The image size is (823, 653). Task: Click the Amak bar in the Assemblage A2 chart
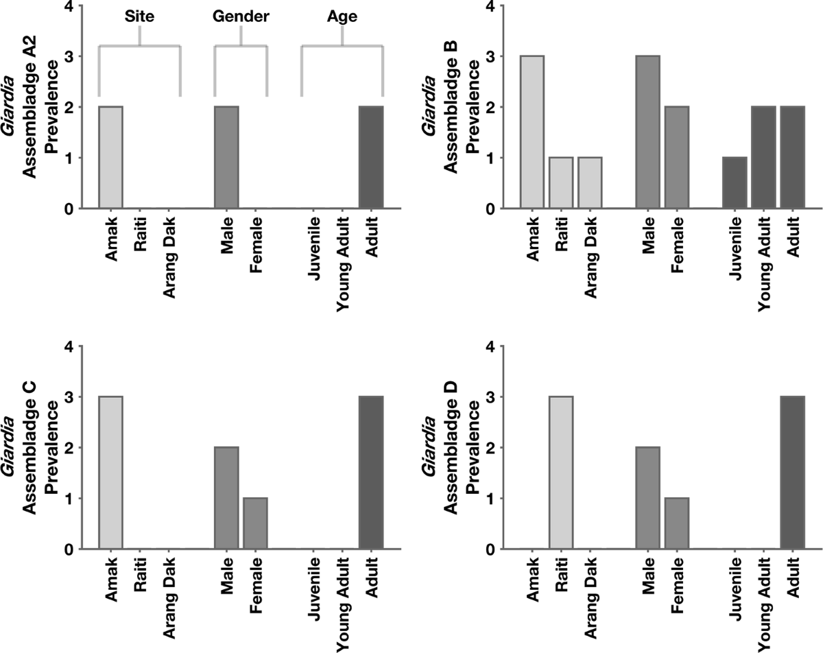coord(110,157)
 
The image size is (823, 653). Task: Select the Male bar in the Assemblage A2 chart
coord(226,157)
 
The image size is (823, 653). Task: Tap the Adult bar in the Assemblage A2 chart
coord(371,157)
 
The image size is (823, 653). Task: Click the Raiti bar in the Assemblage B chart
coord(561,182)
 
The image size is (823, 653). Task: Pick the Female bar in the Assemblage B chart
coord(676,157)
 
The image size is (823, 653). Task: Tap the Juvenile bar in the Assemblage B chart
coord(735,182)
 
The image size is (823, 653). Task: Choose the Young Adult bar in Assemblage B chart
coord(763,157)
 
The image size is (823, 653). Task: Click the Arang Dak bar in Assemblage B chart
coord(590,182)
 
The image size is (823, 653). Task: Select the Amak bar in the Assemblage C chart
coord(110,473)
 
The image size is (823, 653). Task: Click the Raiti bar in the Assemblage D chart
coord(561,473)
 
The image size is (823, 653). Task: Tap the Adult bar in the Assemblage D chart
coord(792,473)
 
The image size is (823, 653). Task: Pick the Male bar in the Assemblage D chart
coord(647,498)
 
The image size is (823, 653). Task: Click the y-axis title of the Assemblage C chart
coord(38,447)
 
